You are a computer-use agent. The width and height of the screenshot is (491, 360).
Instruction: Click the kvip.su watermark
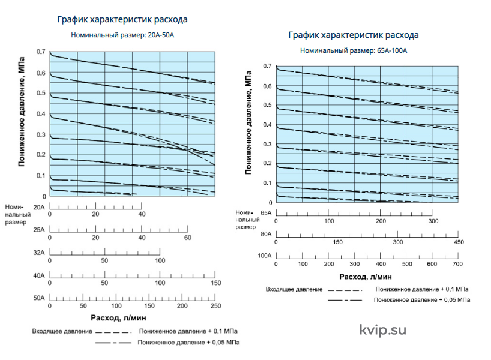pyautogui.click(x=382, y=330)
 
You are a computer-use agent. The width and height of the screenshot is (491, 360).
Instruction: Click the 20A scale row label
pyautogui.click(x=39, y=207)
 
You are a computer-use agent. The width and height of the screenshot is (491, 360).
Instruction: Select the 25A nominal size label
pyautogui.click(x=39, y=230)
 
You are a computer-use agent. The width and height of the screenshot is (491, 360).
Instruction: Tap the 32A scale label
pyautogui.click(x=39, y=253)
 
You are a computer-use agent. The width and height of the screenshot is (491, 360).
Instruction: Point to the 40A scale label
pyautogui.click(x=39, y=275)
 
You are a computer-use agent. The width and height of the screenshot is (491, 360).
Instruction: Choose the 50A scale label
pyautogui.click(x=39, y=298)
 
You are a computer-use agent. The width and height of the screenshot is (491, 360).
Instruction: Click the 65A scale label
pyautogui.click(x=266, y=213)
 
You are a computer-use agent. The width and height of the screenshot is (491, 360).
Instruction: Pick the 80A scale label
pyautogui.click(x=266, y=234)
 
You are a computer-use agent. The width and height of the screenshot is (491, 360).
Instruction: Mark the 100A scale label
pyautogui.click(x=265, y=256)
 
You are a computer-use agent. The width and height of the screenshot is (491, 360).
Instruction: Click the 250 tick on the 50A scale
pyautogui.click(x=215, y=306)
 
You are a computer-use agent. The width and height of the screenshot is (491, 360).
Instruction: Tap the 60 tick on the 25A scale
pyautogui.click(x=187, y=238)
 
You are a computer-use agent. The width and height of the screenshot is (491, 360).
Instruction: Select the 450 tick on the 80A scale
pyautogui.click(x=459, y=242)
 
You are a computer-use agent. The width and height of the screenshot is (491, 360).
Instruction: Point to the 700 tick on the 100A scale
pyautogui.click(x=457, y=264)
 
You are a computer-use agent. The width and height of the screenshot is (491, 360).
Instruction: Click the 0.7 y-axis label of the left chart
pyautogui.click(x=41, y=52)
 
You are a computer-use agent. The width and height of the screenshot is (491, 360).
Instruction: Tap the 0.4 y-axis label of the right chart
pyautogui.click(x=267, y=125)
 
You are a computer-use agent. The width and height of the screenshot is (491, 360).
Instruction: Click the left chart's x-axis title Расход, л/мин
pyautogui.click(x=118, y=318)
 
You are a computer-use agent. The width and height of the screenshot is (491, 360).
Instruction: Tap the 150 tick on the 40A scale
pyautogui.click(x=215, y=283)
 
